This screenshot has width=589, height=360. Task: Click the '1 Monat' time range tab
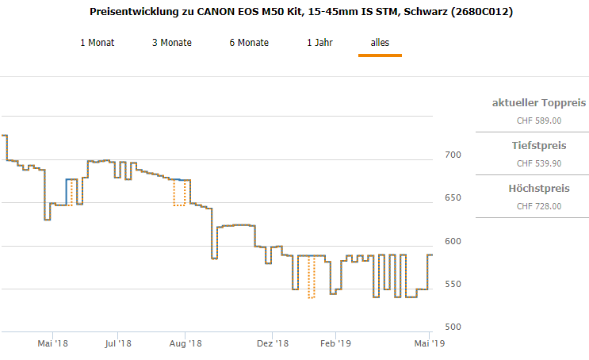click(x=97, y=43)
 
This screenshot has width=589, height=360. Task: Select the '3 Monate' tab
click(x=171, y=43)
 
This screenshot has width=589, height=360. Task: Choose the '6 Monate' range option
click(x=249, y=43)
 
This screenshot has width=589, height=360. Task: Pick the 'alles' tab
click(x=380, y=43)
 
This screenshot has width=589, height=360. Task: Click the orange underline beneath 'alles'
click(x=380, y=56)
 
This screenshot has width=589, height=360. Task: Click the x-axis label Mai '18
click(x=53, y=343)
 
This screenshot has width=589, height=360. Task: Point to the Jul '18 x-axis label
click(x=117, y=343)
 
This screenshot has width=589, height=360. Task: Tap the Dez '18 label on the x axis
click(x=271, y=343)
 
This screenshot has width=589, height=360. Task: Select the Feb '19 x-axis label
click(x=335, y=343)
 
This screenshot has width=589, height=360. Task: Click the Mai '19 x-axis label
click(x=428, y=343)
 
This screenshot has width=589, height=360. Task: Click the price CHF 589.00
click(x=538, y=121)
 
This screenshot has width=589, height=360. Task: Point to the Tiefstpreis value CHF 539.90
click(x=538, y=163)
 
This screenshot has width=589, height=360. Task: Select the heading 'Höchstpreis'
click(x=538, y=189)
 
